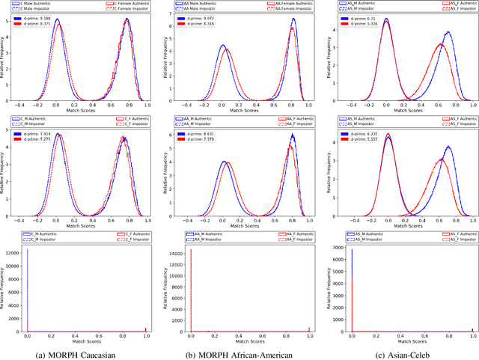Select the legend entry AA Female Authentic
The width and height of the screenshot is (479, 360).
click(286, 4)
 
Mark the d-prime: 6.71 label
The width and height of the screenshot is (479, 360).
click(365, 16)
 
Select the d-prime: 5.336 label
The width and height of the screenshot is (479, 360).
click(367, 22)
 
